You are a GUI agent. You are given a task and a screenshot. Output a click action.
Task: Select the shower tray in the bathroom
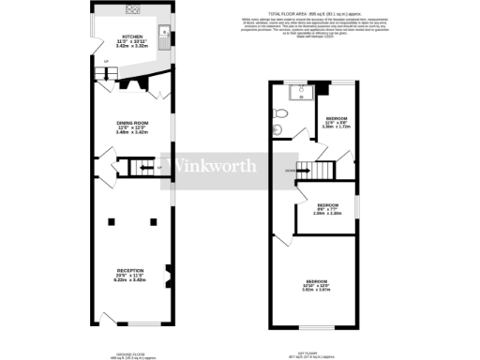[x=298, y=92]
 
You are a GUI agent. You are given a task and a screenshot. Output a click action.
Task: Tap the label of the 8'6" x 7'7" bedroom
[x=326, y=209]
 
